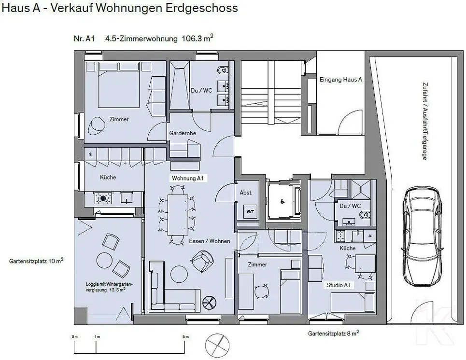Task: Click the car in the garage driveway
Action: pos(422,236)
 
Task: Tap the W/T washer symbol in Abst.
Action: pos(250,211)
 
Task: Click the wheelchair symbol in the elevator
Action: pos(282,202)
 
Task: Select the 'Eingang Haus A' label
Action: pos(340,79)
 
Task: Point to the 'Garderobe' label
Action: pos(183,133)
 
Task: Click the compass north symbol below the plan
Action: pos(217,346)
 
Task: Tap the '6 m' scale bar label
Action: pos(185,336)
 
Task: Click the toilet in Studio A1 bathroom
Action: pos(365,214)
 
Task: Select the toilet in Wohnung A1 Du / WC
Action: pos(223,70)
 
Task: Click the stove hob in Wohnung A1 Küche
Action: pos(103,198)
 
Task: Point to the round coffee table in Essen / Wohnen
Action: pos(179,274)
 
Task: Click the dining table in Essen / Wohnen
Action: pos(177,215)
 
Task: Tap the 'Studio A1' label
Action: pos(339,285)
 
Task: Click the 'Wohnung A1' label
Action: pos(188,178)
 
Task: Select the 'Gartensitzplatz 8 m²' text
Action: pos(333,333)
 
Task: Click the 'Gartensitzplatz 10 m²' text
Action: pos(36,261)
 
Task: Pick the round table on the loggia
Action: pos(105,261)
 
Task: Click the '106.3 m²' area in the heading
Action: pos(198,38)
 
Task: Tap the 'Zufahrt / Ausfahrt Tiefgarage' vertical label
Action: pos(424,121)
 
